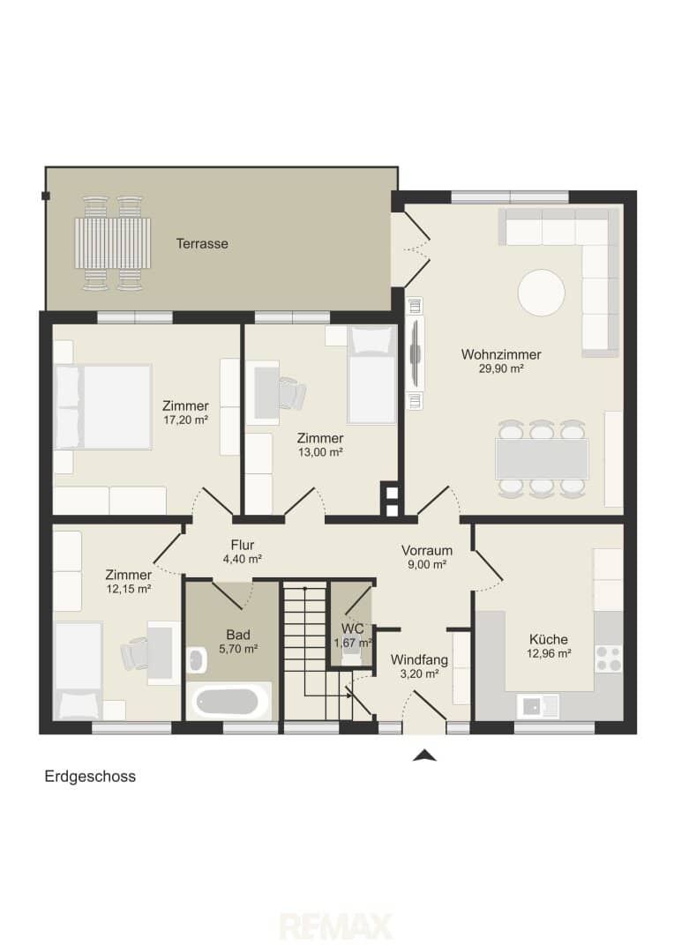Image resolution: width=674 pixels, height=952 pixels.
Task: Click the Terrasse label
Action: point(202,243)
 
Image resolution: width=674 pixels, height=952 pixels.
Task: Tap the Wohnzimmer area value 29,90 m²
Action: point(501,368)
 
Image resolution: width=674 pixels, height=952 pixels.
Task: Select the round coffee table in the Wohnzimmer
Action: point(541,292)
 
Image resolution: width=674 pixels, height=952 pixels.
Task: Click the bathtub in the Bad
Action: point(230,701)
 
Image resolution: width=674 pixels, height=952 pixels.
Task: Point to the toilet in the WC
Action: point(351,652)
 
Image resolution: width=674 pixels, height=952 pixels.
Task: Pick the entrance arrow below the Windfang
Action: point(425,755)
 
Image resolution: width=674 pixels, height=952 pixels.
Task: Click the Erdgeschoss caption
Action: point(90,777)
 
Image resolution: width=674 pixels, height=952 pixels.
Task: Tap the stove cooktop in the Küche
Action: point(609,658)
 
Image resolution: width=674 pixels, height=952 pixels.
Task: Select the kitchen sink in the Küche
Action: point(538,705)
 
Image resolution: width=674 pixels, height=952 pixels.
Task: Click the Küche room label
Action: point(548,639)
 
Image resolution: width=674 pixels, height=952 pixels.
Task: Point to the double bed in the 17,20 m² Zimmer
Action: point(102,406)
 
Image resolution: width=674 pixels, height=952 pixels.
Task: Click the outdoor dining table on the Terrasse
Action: point(113,244)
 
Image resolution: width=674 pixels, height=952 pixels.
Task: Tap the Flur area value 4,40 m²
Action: point(242,559)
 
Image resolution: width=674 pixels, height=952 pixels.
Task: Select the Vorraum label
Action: point(427,551)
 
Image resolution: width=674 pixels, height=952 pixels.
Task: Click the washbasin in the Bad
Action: point(196,660)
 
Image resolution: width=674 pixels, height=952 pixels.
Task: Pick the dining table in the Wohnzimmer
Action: point(542,459)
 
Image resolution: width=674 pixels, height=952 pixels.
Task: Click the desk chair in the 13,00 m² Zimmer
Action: point(291,393)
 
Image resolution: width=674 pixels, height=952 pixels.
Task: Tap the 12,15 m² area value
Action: point(129,588)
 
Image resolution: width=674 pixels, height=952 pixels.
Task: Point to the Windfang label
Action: point(419,659)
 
